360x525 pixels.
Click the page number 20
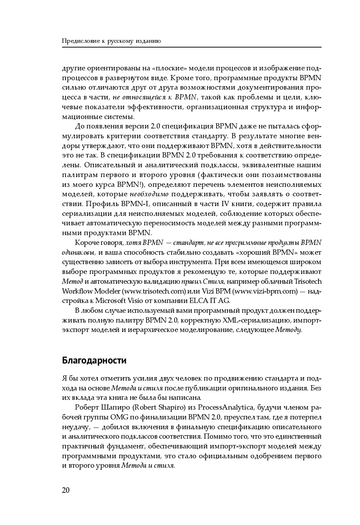pyautogui.click(x=66, y=490)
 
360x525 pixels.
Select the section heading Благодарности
pyautogui.click(x=94, y=361)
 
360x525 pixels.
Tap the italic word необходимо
pyautogui.click(x=149, y=194)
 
